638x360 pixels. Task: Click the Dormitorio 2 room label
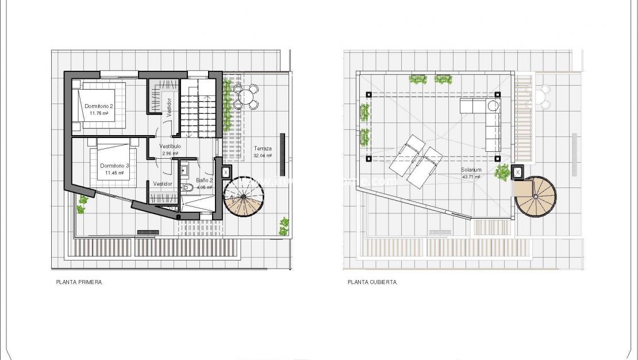click(x=99, y=106)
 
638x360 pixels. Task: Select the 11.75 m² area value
click(x=99, y=113)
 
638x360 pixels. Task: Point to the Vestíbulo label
click(x=171, y=147)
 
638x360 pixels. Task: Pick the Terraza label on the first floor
click(x=262, y=148)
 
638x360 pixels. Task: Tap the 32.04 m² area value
click(x=262, y=155)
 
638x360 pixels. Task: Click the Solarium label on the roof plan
click(x=470, y=170)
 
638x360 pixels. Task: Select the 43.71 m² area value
click(x=471, y=177)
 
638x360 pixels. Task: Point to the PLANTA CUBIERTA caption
click(x=372, y=282)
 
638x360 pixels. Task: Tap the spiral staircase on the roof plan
click(x=536, y=196)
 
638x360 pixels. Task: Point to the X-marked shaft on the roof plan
click(x=518, y=171)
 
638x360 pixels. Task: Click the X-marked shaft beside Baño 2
click(x=225, y=171)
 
